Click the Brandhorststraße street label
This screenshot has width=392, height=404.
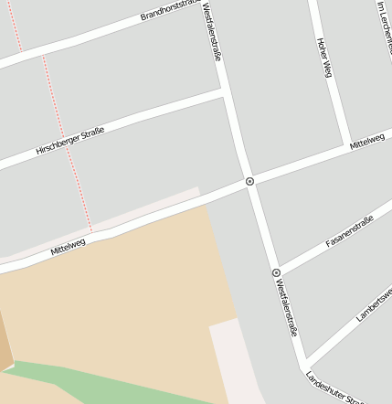(x=168, y=10)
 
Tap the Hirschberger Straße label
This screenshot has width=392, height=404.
(x=69, y=140)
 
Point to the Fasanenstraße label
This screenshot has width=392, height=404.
(x=350, y=231)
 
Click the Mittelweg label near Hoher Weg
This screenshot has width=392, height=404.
(x=367, y=140)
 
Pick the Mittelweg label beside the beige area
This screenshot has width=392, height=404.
(x=69, y=244)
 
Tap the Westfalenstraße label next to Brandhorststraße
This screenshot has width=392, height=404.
(x=212, y=31)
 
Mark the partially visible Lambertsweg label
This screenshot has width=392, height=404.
(x=375, y=305)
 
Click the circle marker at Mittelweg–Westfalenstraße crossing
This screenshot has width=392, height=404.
(x=249, y=182)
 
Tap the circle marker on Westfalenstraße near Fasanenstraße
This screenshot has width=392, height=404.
(x=275, y=272)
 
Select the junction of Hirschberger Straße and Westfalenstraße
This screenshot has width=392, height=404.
(x=225, y=92)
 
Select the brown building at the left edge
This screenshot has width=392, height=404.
(x=5, y=343)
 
